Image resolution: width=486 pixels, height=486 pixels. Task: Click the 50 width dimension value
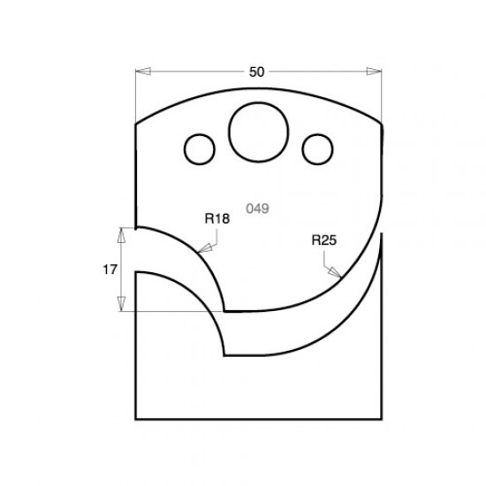coord(256,72)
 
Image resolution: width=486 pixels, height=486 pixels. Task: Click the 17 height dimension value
coord(110,270)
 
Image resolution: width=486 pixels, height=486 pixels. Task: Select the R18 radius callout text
coord(216,218)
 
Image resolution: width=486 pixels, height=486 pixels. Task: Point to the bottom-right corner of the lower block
coord(383,419)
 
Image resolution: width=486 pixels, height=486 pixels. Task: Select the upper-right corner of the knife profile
coord(383,124)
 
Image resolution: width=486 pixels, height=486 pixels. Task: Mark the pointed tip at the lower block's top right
coord(383,233)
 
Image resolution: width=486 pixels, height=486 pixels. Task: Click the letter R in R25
coord(316,239)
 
